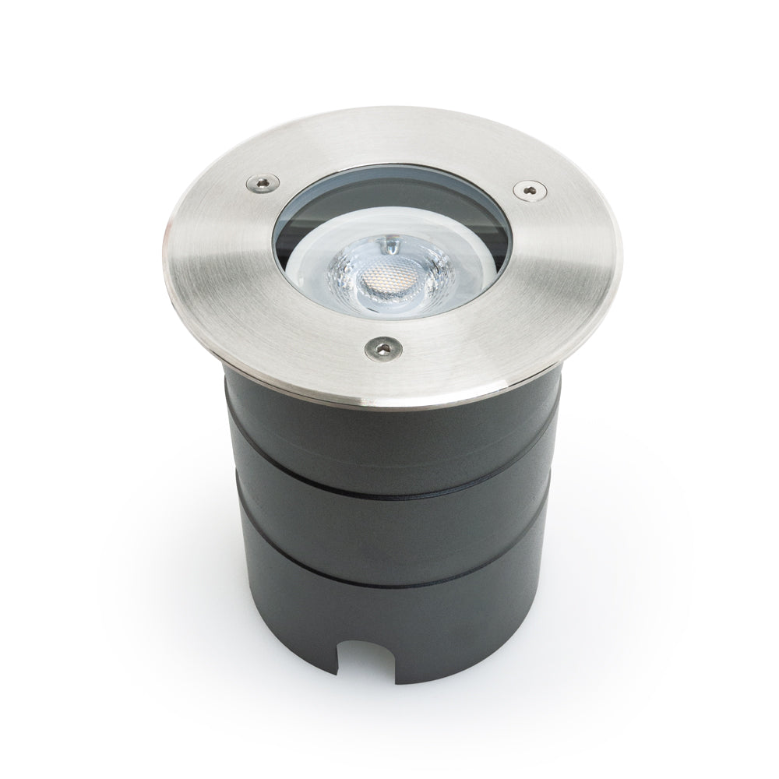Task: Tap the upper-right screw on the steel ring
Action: pos(530,188)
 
